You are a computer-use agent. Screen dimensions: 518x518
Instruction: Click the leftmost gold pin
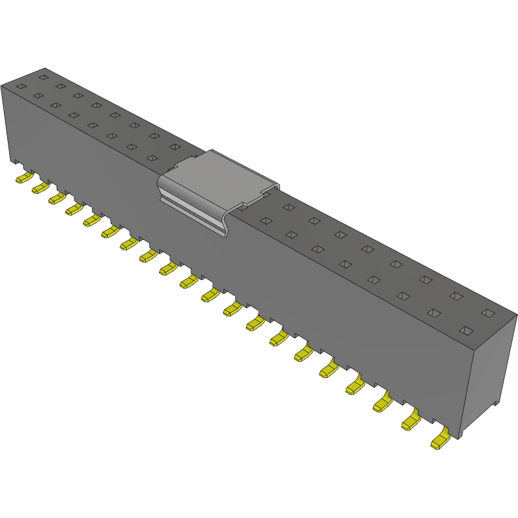click(x=24, y=177)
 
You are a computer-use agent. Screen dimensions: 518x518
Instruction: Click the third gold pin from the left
click(x=57, y=198)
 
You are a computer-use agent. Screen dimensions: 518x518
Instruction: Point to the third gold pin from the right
click(x=383, y=403)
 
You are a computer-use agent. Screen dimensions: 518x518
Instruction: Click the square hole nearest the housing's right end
click(x=487, y=313)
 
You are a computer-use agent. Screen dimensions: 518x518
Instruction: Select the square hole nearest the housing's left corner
click(x=20, y=86)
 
